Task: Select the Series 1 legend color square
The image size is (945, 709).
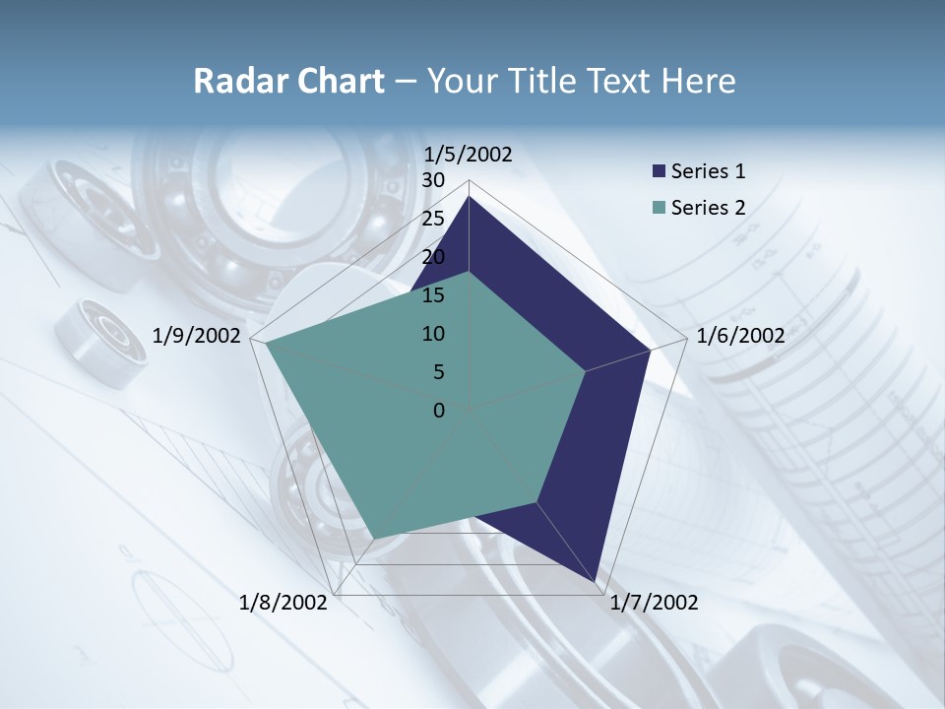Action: (659, 171)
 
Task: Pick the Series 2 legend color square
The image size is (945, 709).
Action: (659, 208)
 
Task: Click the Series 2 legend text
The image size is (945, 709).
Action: (708, 208)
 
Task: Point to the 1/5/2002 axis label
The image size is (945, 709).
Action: (468, 154)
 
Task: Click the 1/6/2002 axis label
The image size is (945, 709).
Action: (740, 336)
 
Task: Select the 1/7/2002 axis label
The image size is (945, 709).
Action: (654, 603)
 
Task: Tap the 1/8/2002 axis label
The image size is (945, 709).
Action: (283, 603)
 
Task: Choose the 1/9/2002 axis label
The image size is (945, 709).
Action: (197, 336)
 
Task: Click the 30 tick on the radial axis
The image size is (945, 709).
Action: (433, 180)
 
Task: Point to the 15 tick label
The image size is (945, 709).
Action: (433, 295)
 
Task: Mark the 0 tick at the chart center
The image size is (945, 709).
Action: (439, 411)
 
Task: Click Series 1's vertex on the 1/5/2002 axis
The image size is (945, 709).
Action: (469, 196)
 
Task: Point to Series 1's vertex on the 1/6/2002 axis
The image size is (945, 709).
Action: (651, 350)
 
